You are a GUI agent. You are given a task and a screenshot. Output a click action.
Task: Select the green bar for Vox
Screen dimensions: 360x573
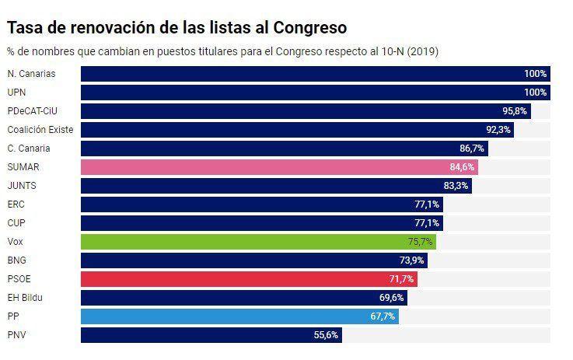coord(257,242)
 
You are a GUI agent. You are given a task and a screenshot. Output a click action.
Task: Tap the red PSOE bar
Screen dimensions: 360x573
coord(249,279)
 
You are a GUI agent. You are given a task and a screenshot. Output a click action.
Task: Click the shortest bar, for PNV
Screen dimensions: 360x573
coord(211,335)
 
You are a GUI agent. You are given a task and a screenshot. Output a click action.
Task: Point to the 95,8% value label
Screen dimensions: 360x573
coord(515,111)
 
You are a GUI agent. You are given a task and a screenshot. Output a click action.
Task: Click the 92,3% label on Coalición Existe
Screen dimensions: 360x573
coord(498,130)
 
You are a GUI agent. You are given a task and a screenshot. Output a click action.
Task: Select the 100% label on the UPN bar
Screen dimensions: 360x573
coord(536,93)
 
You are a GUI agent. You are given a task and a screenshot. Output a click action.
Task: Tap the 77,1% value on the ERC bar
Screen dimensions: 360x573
coord(427,204)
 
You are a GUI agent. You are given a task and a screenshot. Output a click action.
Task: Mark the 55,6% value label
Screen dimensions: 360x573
coord(326,335)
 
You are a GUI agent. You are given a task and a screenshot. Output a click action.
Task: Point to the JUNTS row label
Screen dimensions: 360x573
coord(22,186)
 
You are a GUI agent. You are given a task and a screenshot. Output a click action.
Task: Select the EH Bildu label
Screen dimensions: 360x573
coord(25,298)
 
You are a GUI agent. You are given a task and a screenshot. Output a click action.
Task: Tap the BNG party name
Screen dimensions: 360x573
coord(17,260)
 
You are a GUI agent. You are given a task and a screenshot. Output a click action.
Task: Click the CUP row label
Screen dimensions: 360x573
coord(16,223)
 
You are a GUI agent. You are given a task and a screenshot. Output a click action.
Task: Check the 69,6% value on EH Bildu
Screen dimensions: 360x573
coord(392,298)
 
